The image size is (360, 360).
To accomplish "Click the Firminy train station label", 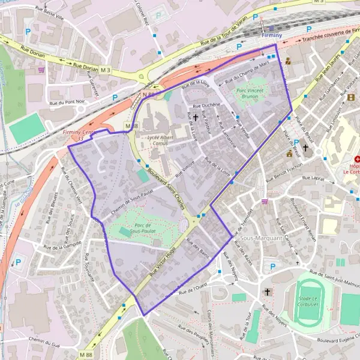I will point(272,36).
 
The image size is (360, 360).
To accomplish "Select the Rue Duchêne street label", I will point(208,105).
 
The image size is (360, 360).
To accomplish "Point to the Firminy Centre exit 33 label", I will point(80,135).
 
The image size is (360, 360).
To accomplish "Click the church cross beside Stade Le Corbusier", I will point(268,292).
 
